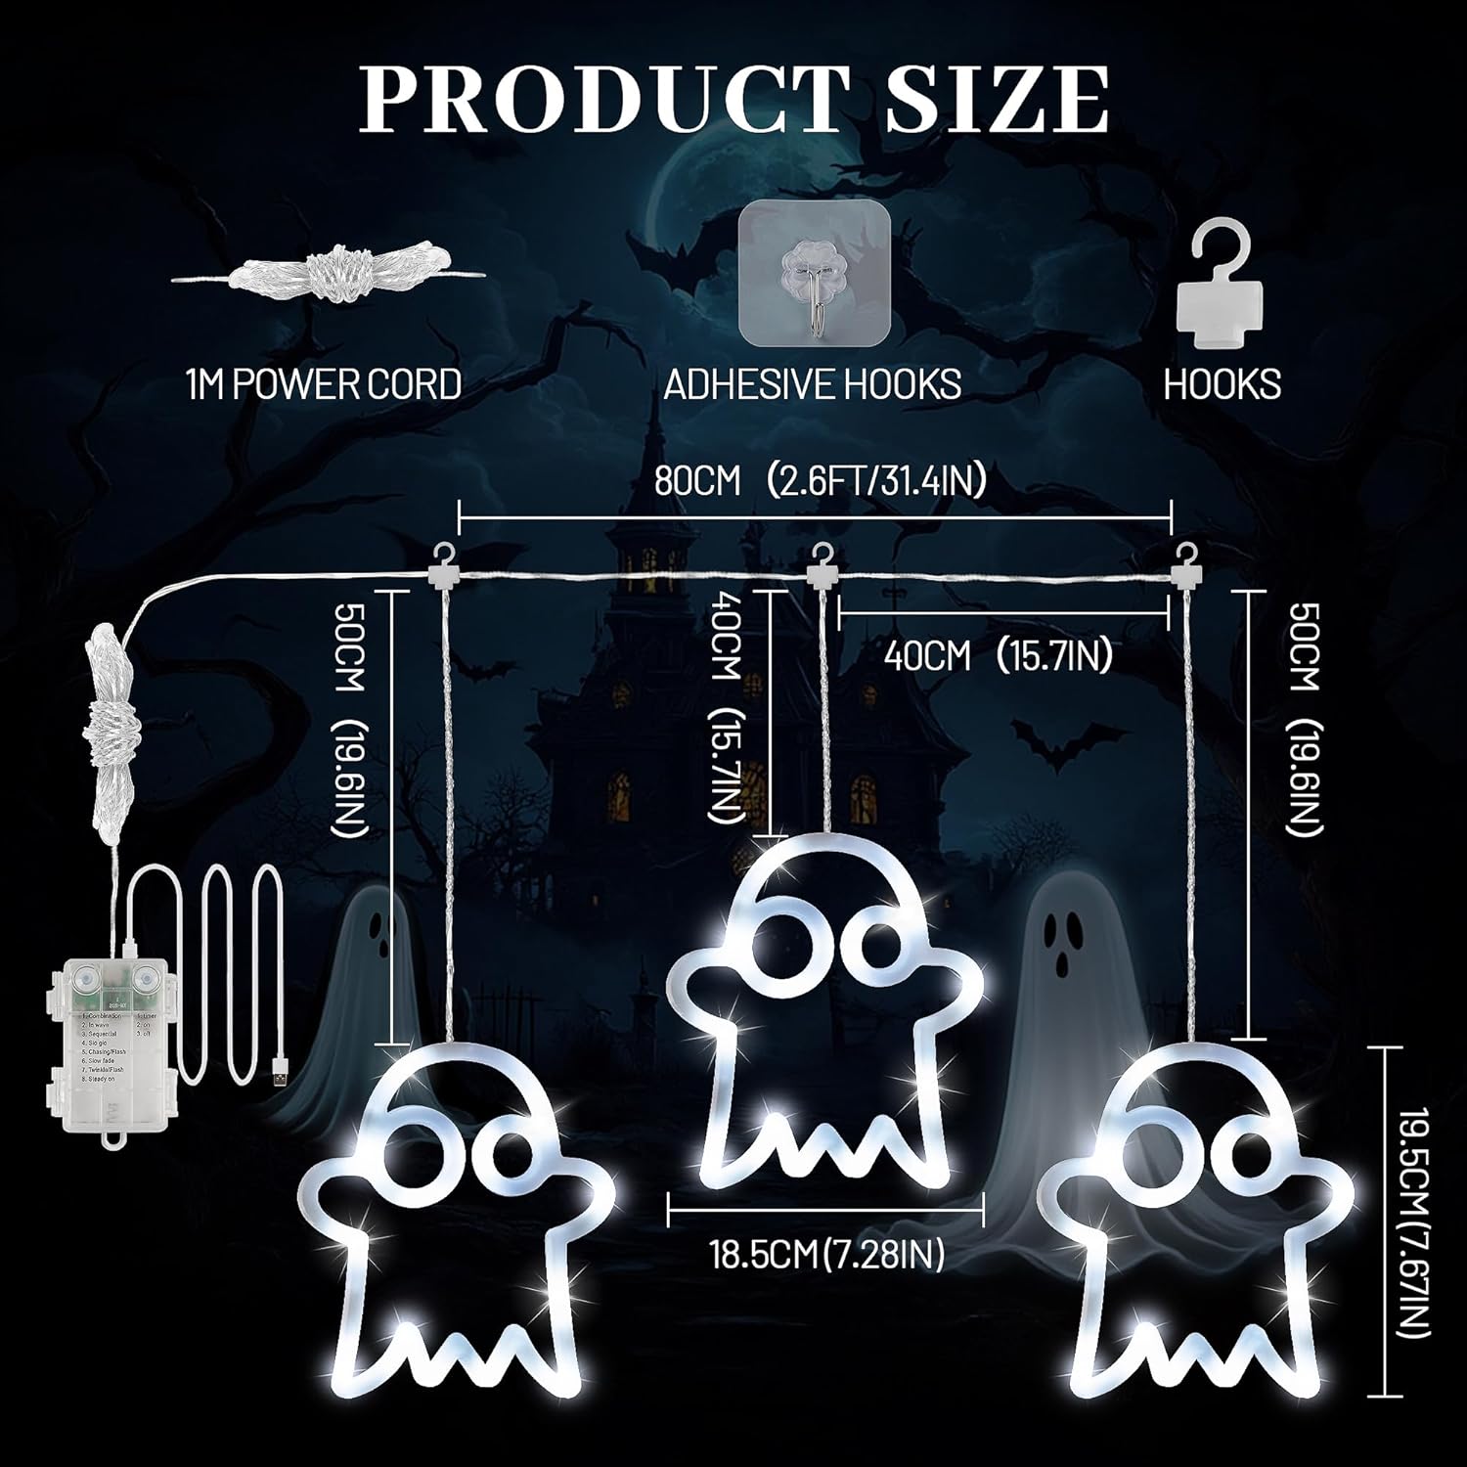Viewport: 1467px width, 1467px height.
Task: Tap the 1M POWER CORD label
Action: pos(323,384)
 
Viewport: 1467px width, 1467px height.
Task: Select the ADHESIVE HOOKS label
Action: pos(812,384)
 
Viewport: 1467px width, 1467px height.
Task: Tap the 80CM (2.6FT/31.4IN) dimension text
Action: pos(820,481)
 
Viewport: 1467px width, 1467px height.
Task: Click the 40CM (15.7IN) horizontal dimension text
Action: pos(998,656)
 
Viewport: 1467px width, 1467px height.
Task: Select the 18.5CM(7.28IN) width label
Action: pos(826,1255)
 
